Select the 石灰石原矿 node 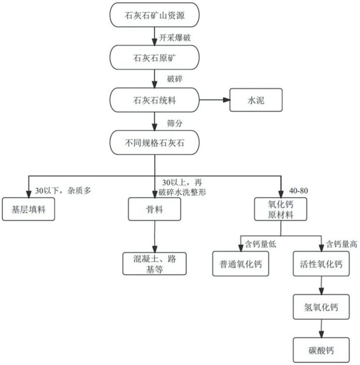pos(155,58)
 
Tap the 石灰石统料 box pos(155,100)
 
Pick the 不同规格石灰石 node pos(155,143)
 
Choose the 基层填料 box pos(28,209)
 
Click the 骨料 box pos(155,209)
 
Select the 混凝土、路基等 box pos(155,264)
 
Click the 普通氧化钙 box pos(239,264)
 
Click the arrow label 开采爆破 pos(174,37)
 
